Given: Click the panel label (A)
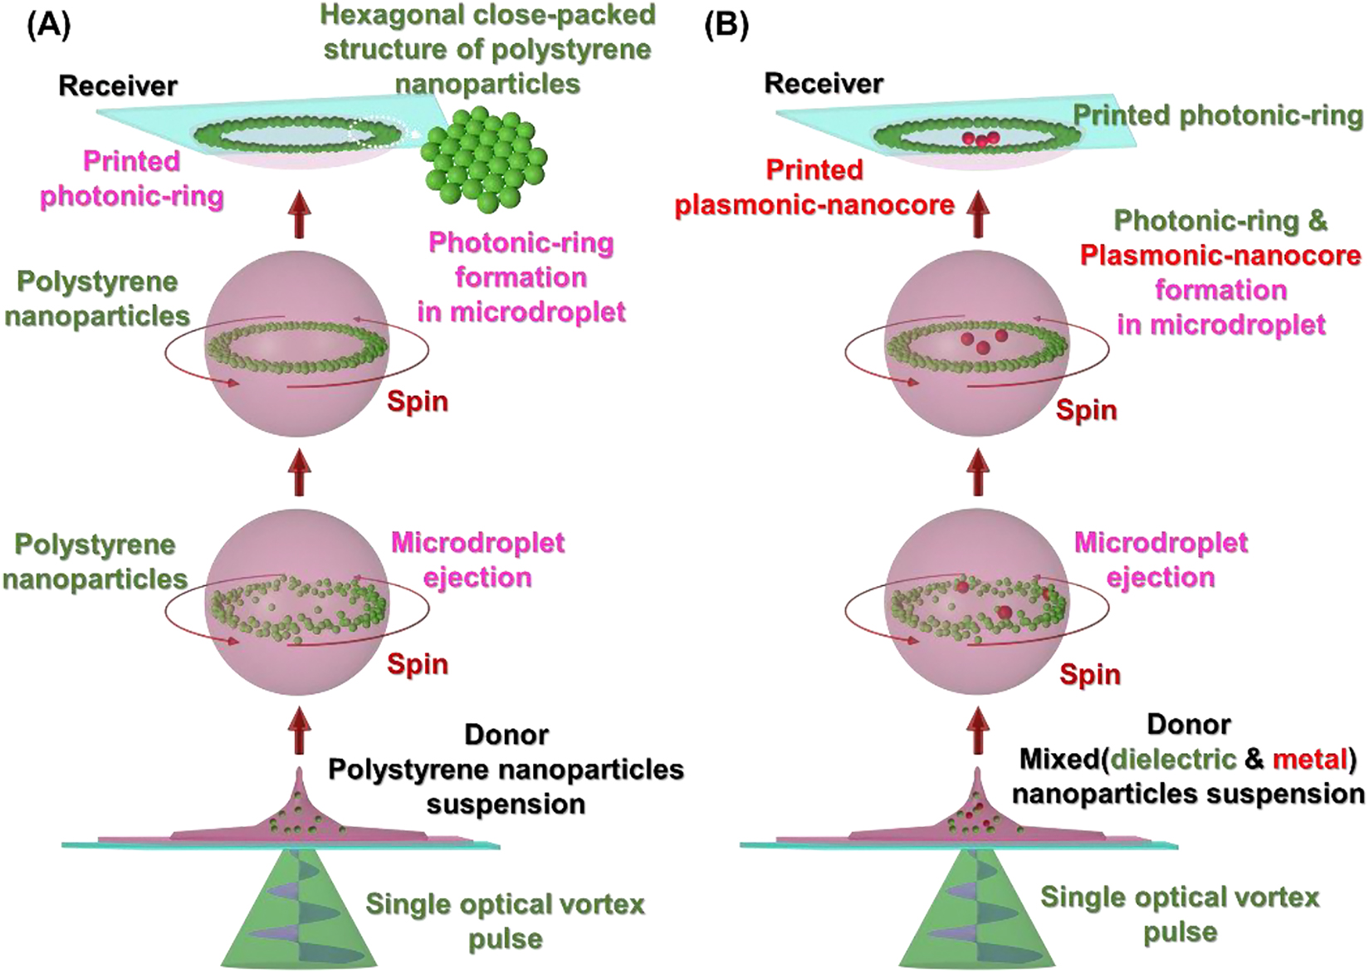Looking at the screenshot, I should (48, 26).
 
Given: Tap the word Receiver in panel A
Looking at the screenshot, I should (118, 86).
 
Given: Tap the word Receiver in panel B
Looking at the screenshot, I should (824, 83).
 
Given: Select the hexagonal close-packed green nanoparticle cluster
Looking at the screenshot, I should (484, 156).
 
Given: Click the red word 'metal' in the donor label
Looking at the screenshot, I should (1310, 759).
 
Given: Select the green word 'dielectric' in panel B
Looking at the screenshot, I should (1173, 759).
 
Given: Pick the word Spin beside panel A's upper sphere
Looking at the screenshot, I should (418, 401).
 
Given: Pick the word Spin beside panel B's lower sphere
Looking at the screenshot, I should (1089, 674).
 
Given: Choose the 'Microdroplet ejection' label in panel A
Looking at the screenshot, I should (477, 560).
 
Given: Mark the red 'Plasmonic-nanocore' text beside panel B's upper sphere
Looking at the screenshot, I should (1220, 255).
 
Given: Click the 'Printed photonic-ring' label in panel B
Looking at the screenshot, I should (1218, 115).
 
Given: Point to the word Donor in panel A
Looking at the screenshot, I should (506, 735).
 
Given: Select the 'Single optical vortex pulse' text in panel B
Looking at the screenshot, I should (1180, 914).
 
